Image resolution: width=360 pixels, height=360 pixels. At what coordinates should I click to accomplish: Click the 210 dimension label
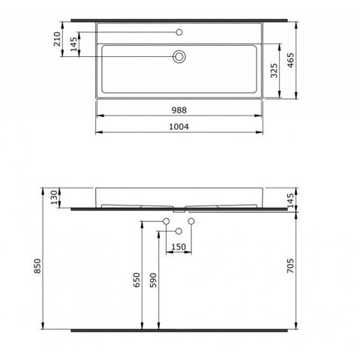pyautogui.click(x=57, y=39)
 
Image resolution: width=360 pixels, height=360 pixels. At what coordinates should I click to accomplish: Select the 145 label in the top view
pyautogui.click(x=73, y=44)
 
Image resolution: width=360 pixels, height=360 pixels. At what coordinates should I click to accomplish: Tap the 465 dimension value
pyautogui.click(x=290, y=60)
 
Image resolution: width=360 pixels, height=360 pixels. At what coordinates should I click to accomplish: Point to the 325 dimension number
pyautogui.click(x=274, y=70)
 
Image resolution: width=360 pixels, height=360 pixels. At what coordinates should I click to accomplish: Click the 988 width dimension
pyautogui.click(x=179, y=110)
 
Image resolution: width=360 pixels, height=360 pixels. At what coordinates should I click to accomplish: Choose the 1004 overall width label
pyautogui.click(x=179, y=127)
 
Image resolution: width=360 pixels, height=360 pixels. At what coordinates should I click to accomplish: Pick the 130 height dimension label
pyautogui.click(x=54, y=197)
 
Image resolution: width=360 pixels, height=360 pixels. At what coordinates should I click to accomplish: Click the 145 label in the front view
pyautogui.click(x=290, y=200)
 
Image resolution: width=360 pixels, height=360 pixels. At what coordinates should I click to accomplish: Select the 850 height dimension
pyautogui.click(x=37, y=265)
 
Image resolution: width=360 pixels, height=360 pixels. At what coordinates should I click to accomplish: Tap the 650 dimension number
pyautogui.click(x=136, y=280)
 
